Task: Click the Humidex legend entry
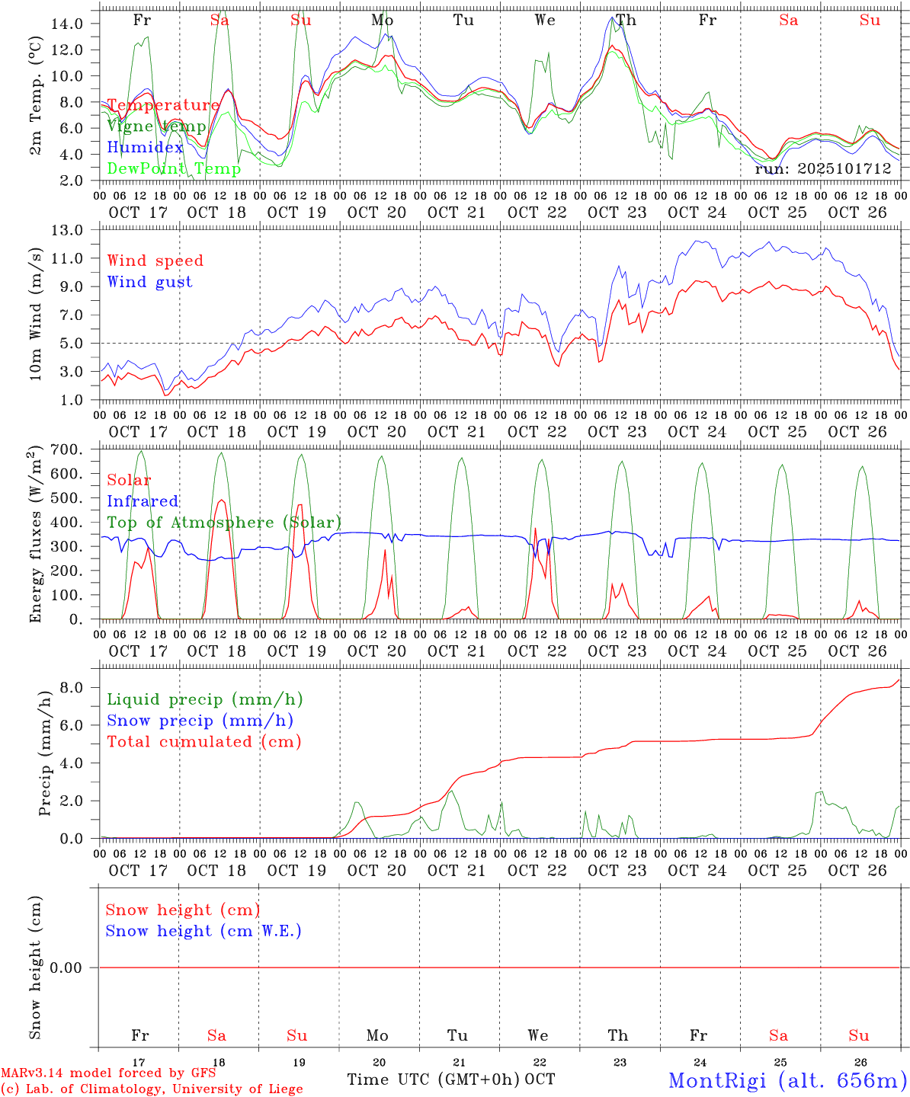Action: [x=145, y=147]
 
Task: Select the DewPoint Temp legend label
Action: [x=174, y=168]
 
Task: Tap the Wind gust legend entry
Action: [x=149, y=282]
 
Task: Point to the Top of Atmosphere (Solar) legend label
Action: [x=224, y=523]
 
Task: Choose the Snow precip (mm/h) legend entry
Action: [x=200, y=721]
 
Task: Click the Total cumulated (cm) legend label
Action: [x=203, y=741]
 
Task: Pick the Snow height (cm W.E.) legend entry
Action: [x=203, y=931]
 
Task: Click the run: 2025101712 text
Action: [x=822, y=169]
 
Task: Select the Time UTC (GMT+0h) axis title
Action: [x=434, y=1079]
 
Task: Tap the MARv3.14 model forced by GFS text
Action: [x=108, y=1073]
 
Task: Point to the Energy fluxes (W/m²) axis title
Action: [x=35, y=533]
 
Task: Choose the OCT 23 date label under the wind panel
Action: [x=617, y=431]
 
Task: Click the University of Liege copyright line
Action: [x=152, y=1089]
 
